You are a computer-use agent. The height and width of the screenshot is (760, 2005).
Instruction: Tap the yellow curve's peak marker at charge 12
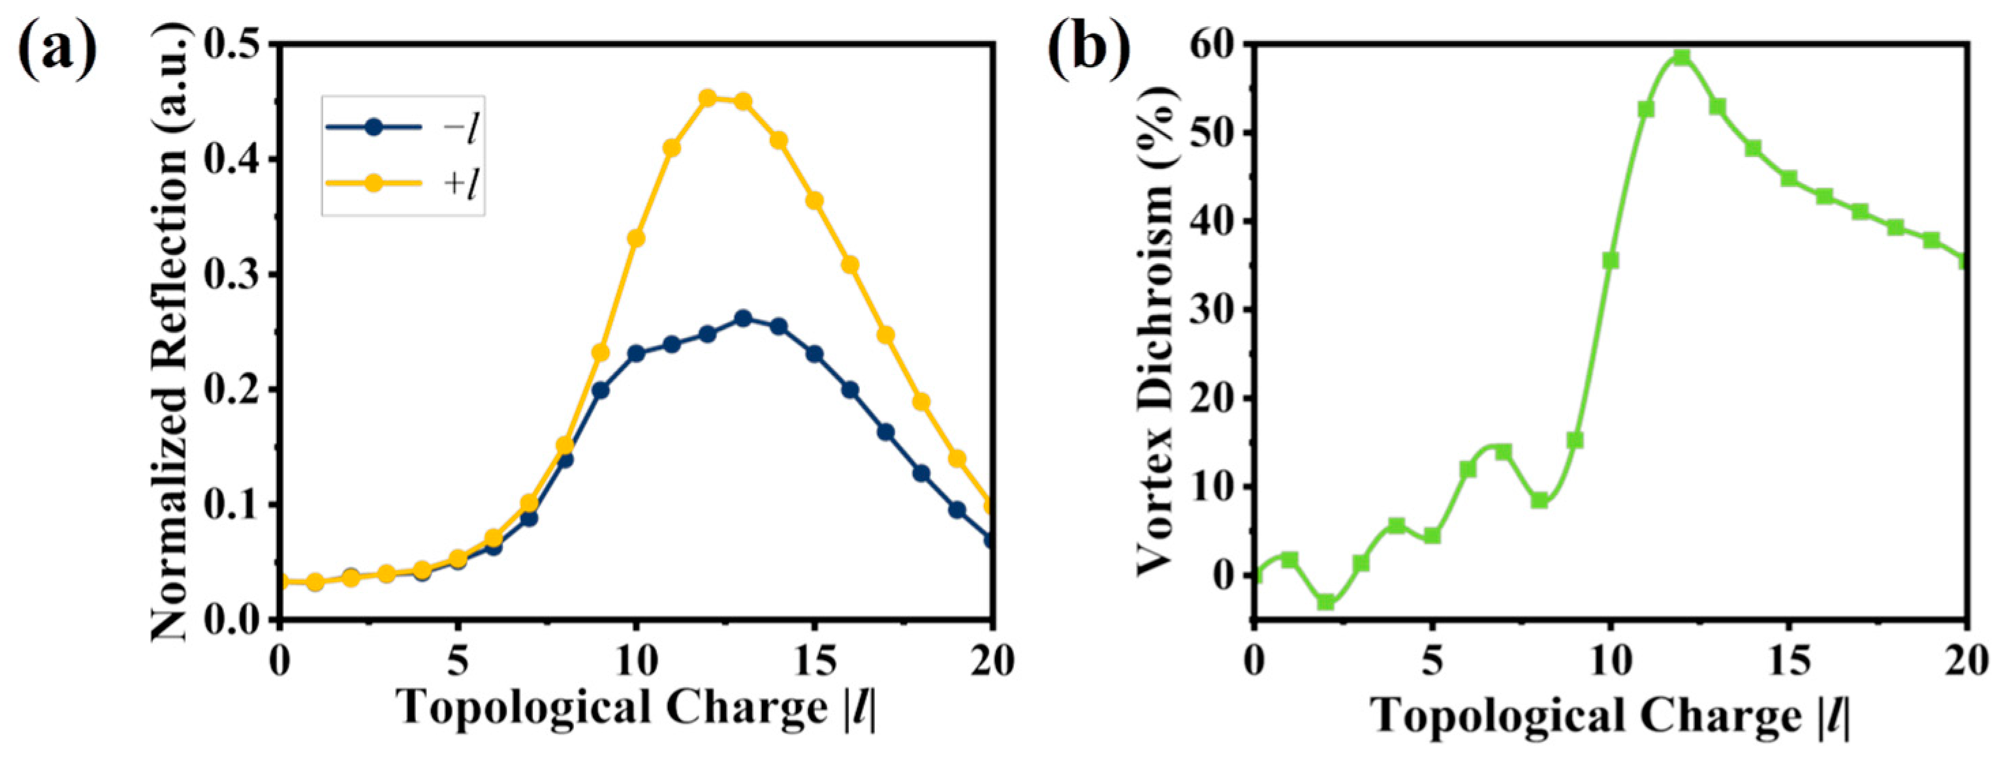pyautogui.click(x=707, y=98)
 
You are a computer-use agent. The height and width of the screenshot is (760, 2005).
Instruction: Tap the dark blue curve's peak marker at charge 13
pyautogui.click(x=742, y=318)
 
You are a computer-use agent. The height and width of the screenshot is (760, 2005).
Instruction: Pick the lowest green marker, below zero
pyautogui.click(x=1325, y=601)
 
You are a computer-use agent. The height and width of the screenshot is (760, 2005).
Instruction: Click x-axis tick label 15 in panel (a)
pyautogui.click(x=814, y=662)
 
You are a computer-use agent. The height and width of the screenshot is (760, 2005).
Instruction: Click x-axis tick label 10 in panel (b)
pyautogui.click(x=1609, y=662)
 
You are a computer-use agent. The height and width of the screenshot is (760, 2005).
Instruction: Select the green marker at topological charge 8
pyautogui.click(x=1538, y=500)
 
